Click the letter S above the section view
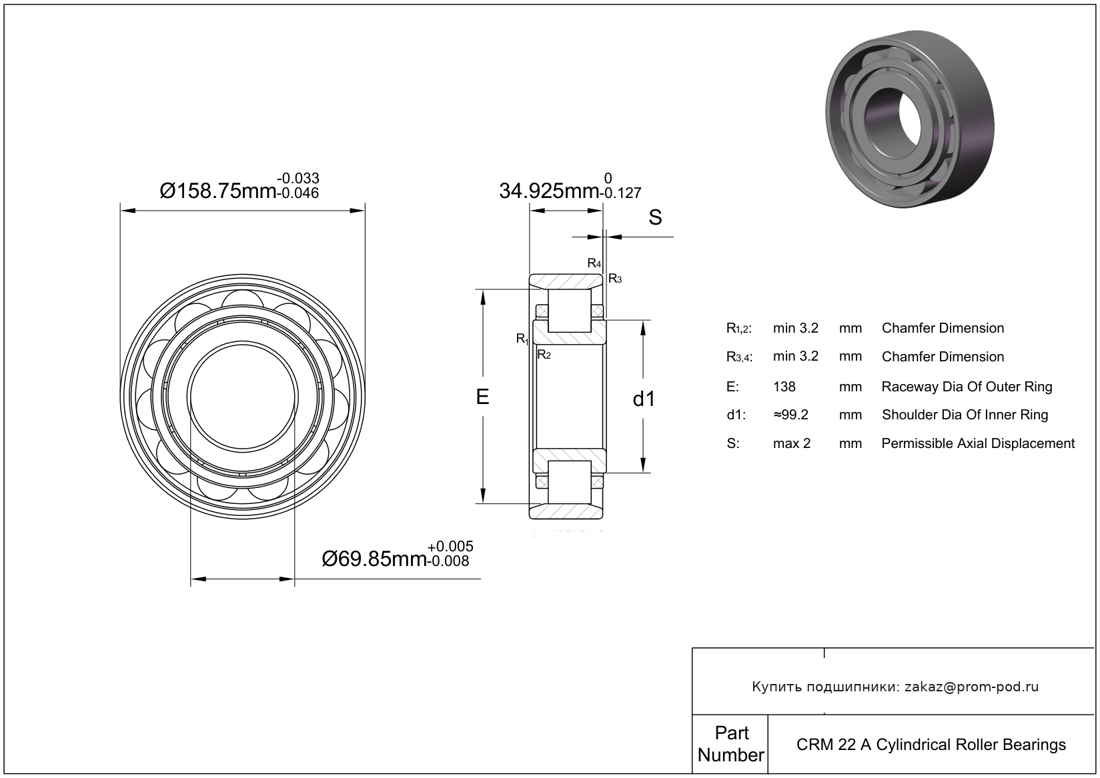[x=655, y=217]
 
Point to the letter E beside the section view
[x=482, y=397]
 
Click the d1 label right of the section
[x=644, y=399]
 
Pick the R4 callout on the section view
[x=594, y=263]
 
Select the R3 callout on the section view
[x=615, y=279]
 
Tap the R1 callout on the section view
[x=522, y=339]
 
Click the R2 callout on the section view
[x=544, y=355]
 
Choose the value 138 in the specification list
[x=784, y=387]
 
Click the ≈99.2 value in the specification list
[x=790, y=415]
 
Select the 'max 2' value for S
[x=792, y=443]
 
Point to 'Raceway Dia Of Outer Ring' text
[x=967, y=387]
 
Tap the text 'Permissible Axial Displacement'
[x=978, y=443]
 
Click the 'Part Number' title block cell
[x=730, y=743]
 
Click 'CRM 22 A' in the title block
[x=834, y=745]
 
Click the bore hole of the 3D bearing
[x=891, y=123]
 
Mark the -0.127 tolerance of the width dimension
[x=621, y=193]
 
